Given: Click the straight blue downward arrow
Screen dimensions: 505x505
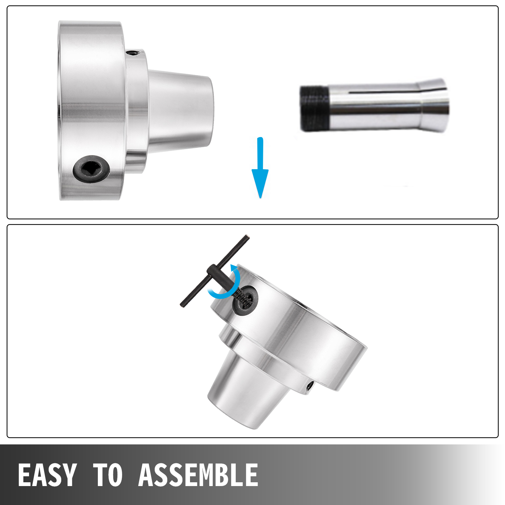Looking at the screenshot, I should (x=260, y=167).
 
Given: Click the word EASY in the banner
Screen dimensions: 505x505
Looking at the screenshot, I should (x=47, y=475).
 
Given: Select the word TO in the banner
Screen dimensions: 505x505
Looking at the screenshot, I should (x=108, y=475).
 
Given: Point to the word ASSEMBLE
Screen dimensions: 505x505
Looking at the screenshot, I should (x=198, y=475).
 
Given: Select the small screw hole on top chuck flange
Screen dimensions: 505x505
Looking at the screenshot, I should (x=133, y=53).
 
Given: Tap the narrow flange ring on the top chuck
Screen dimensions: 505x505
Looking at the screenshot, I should (x=137, y=110).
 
